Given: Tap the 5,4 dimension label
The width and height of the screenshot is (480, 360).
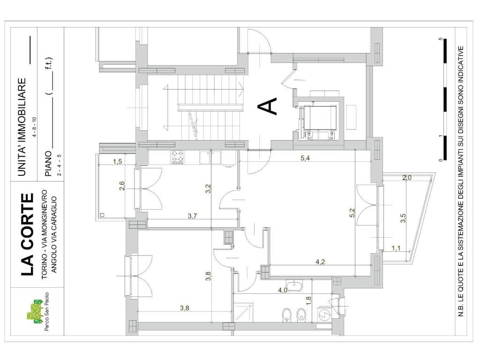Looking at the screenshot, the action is pyautogui.click(x=305, y=158).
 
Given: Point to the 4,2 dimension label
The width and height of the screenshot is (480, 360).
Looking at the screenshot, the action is pyautogui.click(x=320, y=262).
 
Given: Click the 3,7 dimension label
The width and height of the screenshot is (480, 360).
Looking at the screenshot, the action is pyautogui.click(x=192, y=216).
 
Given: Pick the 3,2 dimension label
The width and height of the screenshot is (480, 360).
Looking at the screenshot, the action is pyautogui.click(x=209, y=188).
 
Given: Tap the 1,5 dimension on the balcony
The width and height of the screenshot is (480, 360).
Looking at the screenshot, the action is pyautogui.click(x=118, y=162).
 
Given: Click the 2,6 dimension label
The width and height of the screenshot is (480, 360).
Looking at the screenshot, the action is pyautogui.click(x=122, y=186).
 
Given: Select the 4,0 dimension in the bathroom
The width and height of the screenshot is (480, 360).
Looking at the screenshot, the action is pyautogui.click(x=282, y=290).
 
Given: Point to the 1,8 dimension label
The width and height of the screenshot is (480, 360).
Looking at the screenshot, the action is pyautogui.click(x=308, y=301).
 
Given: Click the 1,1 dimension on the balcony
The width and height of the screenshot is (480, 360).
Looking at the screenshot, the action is pyautogui.click(x=396, y=248).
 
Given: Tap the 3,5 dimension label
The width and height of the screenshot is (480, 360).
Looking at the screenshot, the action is pyautogui.click(x=403, y=218).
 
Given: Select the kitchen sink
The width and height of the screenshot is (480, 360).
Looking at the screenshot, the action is pyautogui.click(x=210, y=157).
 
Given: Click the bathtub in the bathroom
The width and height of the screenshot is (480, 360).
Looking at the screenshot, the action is pyautogui.click(x=294, y=286).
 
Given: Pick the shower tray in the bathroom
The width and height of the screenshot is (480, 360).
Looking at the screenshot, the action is pyautogui.click(x=243, y=313).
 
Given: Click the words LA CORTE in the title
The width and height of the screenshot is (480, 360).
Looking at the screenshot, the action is pyautogui.click(x=27, y=234).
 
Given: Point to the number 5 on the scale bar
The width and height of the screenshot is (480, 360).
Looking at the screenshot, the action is pyautogui.click(x=441, y=39).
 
